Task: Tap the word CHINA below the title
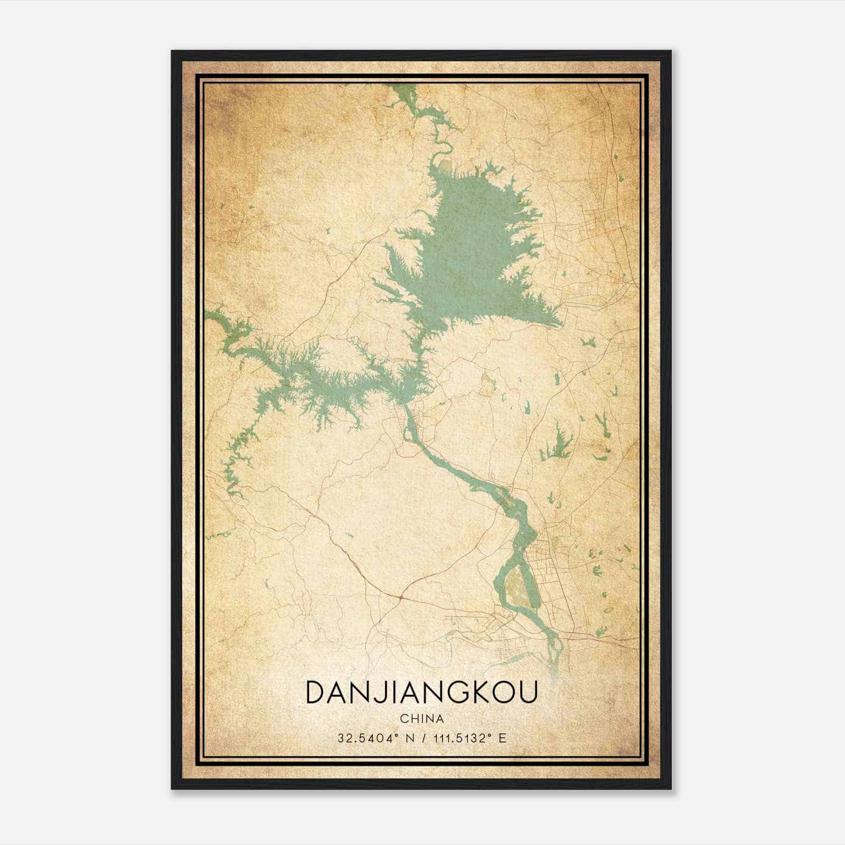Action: click(421, 719)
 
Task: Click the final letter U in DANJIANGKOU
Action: click(528, 693)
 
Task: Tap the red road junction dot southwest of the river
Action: click(401, 597)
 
